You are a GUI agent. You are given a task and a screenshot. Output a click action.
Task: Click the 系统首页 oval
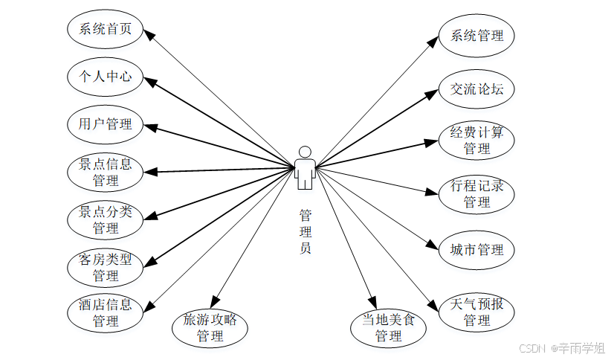(x=105, y=29)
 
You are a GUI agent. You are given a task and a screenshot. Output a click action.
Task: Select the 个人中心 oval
(x=105, y=77)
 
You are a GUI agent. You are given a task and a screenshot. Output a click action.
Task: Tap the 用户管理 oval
(x=105, y=124)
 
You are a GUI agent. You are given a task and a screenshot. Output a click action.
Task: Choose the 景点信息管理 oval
(x=105, y=171)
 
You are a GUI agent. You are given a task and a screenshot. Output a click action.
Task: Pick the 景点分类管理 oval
(x=105, y=219)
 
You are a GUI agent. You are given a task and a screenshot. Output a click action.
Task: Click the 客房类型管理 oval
(x=105, y=267)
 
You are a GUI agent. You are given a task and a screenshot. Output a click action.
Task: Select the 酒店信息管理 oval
(x=105, y=313)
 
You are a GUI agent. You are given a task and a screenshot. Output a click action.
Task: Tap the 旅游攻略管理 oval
(x=210, y=328)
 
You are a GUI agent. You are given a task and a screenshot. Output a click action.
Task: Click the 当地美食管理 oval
(x=388, y=328)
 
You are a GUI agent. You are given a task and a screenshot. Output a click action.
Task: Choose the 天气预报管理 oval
(x=476, y=312)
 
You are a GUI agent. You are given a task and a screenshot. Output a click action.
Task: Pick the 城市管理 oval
(x=476, y=249)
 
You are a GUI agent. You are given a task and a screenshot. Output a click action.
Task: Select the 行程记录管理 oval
(x=476, y=193)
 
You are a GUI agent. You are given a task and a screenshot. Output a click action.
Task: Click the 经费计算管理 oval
(x=476, y=141)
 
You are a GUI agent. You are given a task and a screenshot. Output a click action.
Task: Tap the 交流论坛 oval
(x=476, y=89)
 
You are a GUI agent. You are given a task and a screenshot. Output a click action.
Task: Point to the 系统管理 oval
(x=476, y=35)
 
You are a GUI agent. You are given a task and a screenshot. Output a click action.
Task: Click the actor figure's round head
(x=304, y=152)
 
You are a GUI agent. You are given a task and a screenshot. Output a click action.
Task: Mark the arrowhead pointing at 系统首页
(x=147, y=33)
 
